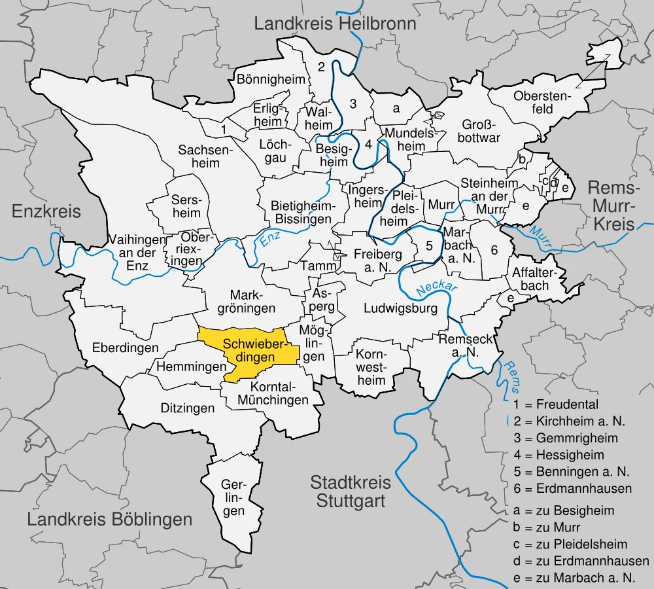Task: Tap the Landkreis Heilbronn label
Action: [x=335, y=25]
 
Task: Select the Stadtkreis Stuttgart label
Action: [x=351, y=492]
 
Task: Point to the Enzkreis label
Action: [x=46, y=211]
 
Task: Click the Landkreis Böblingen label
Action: [x=110, y=520]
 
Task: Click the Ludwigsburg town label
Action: [x=400, y=308]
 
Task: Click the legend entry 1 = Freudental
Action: [x=556, y=404]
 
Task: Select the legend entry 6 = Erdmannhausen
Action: [x=573, y=489]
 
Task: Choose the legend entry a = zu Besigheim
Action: [x=565, y=510]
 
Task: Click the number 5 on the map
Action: [x=429, y=247]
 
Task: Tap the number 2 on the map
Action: [x=321, y=67]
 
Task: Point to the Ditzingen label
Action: [x=188, y=408]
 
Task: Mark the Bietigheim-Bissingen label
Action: [x=302, y=213]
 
